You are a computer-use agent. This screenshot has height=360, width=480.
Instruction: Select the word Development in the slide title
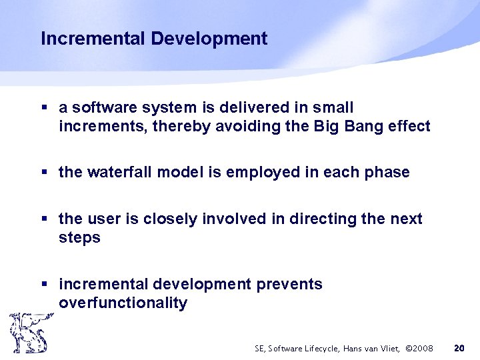pyautogui.click(x=209, y=39)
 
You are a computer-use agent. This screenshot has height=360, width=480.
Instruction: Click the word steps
pyautogui.click(x=79, y=237)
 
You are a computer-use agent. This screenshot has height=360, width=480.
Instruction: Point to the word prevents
pyautogui.click(x=289, y=284)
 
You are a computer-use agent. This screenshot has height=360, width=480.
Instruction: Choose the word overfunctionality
pyautogui.click(x=123, y=303)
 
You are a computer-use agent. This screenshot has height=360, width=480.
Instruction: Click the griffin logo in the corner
pyautogui.click(x=28, y=333)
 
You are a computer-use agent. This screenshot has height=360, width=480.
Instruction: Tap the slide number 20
pyautogui.click(x=459, y=348)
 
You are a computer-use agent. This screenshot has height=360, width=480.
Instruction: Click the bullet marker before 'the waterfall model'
pyautogui.click(x=44, y=173)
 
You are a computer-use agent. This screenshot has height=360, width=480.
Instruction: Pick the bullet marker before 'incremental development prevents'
pyautogui.click(x=44, y=285)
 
